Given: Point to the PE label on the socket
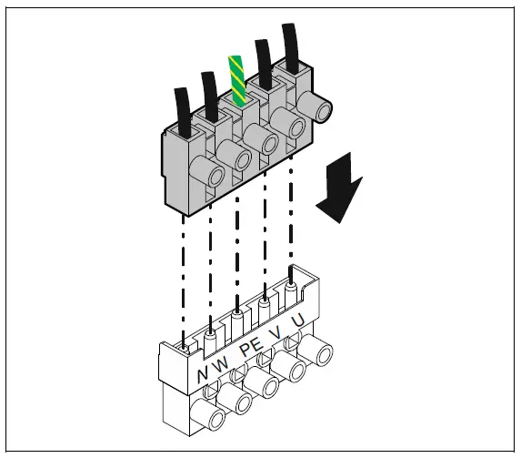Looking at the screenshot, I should tap(251, 351).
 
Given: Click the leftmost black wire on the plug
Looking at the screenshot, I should tap(183, 108).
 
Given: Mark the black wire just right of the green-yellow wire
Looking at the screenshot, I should tap(266, 60).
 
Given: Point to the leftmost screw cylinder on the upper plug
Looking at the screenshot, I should tap(214, 176).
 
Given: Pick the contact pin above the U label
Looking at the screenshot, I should tap(290, 292).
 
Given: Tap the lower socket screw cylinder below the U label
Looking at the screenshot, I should tap(316, 350).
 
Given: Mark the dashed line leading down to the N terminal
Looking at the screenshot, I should tap(185, 273).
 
